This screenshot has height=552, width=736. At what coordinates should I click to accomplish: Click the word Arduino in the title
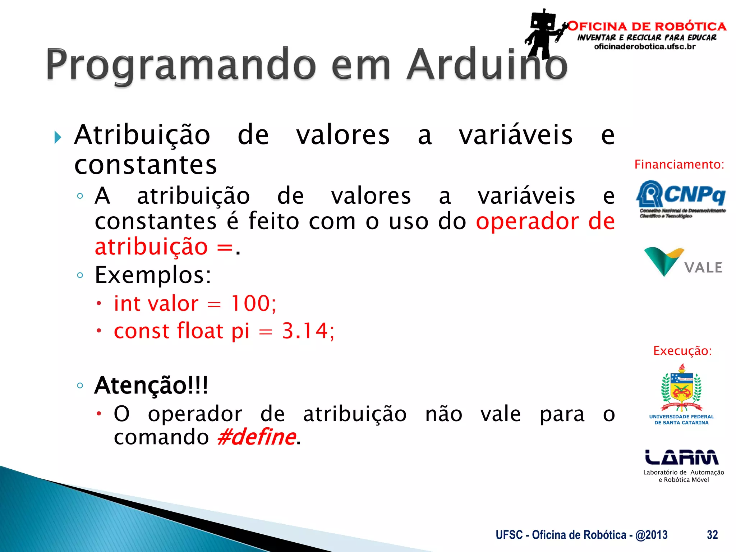click(487, 65)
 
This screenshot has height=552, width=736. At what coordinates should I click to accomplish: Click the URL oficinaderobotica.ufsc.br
click(645, 47)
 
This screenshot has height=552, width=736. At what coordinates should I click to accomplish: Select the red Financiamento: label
click(679, 165)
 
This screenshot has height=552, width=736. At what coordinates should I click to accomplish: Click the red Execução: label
click(682, 351)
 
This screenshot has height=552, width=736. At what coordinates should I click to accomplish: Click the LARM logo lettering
click(682, 457)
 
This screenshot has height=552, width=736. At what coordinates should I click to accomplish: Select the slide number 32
click(712, 535)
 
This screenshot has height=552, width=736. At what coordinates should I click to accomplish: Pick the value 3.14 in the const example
click(305, 331)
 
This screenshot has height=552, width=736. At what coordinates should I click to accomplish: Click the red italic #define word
click(257, 437)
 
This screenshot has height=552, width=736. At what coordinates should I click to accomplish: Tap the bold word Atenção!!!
click(151, 385)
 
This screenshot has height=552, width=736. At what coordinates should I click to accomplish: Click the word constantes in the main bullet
click(146, 165)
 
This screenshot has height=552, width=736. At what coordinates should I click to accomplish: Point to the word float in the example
click(200, 331)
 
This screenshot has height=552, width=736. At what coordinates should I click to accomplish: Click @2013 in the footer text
click(651, 535)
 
